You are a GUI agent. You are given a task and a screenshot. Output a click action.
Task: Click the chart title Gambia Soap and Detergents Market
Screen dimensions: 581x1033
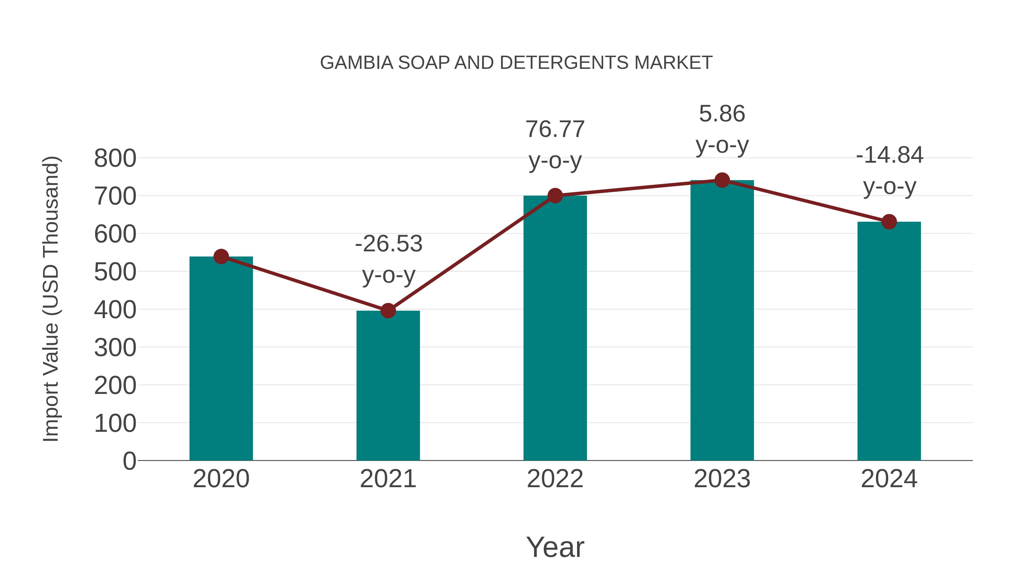[x=516, y=63]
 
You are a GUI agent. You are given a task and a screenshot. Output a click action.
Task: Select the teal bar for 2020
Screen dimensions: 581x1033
[x=221, y=361]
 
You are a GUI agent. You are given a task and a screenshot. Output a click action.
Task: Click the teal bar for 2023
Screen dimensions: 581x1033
[x=722, y=321]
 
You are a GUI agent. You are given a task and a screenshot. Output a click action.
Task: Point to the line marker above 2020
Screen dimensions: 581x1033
[x=221, y=257]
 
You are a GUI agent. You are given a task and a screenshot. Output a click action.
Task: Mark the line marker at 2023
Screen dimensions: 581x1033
[x=722, y=180]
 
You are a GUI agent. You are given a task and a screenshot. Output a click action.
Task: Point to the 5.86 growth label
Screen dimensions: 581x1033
[x=722, y=114]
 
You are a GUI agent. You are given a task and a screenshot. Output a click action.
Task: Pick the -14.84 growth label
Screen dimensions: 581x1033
[x=890, y=155]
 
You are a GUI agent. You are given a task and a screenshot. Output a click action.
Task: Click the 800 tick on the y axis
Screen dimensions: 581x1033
[x=115, y=158]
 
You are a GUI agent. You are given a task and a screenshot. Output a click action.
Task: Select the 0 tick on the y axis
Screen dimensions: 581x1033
[x=129, y=461]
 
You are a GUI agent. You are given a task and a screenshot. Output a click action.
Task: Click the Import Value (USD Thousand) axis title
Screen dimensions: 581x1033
[x=51, y=299]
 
